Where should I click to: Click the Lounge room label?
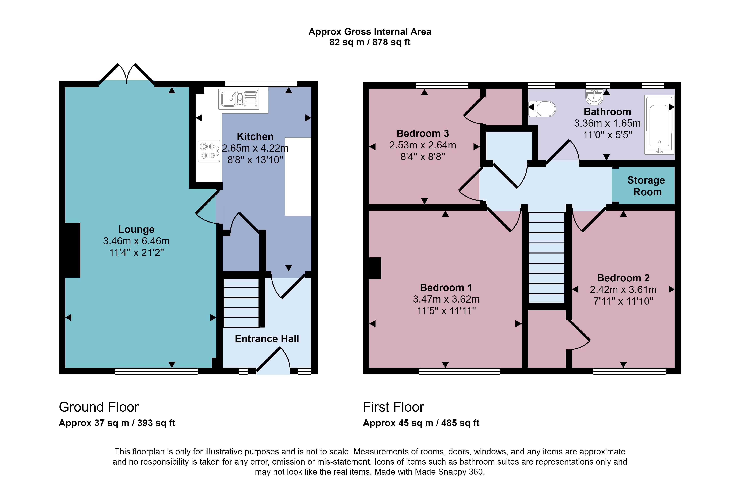136,229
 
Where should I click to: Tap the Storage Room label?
646,186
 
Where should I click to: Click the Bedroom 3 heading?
423,133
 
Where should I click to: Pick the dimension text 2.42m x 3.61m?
623,290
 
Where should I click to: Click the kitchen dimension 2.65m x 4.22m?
255,148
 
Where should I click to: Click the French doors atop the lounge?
127,74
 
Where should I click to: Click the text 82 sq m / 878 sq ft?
370,42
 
